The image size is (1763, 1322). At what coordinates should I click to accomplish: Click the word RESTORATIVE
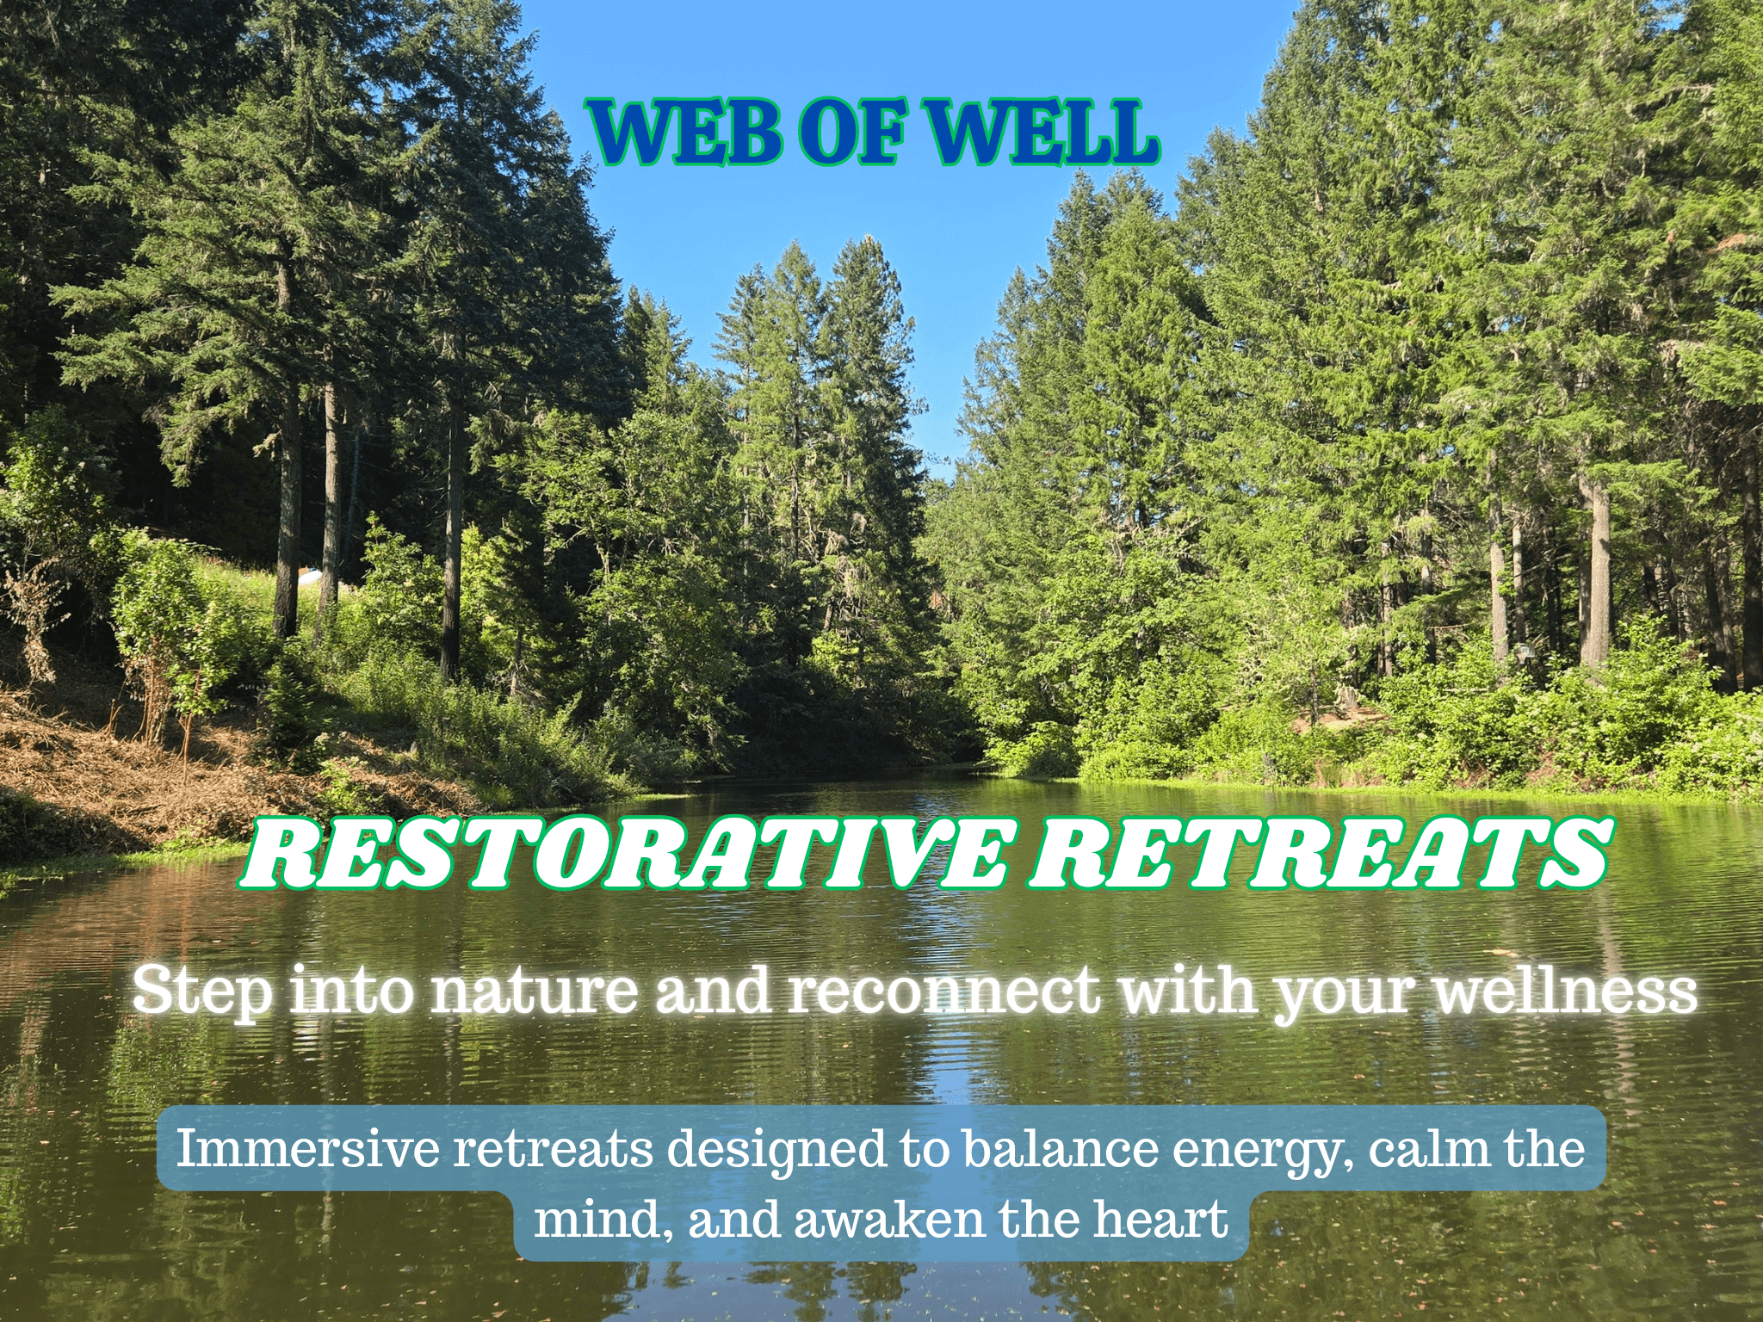tap(626, 853)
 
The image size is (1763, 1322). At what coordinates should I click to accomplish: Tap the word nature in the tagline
tap(535, 991)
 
